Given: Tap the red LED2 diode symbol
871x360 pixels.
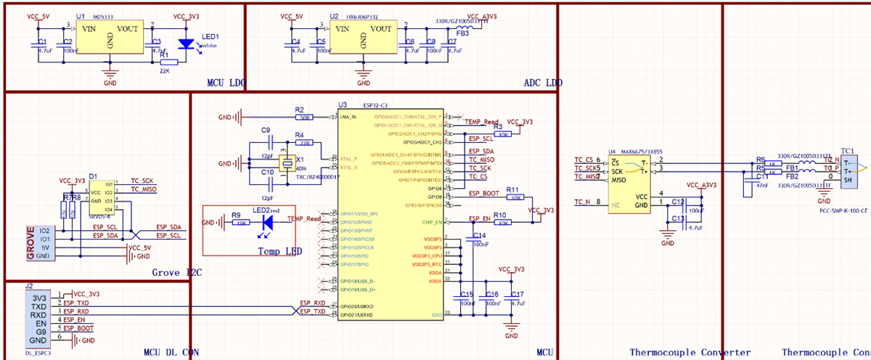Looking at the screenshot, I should (x=267, y=221).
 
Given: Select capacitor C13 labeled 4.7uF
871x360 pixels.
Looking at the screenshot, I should (x=677, y=219).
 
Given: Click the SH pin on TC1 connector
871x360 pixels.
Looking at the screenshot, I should (x=847, y=184).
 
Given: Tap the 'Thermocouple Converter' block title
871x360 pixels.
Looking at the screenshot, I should (x=690, y=353).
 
